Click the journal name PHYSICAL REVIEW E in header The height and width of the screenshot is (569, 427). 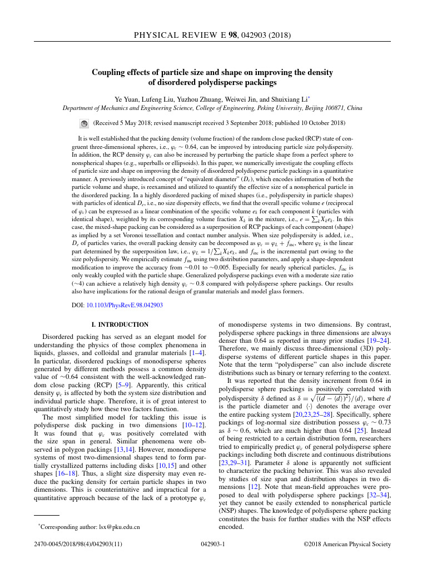click(x=185, y=36)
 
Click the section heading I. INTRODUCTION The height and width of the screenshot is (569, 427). click(x=120, y=325)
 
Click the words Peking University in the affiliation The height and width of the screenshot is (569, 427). click(x=276, y=108)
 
